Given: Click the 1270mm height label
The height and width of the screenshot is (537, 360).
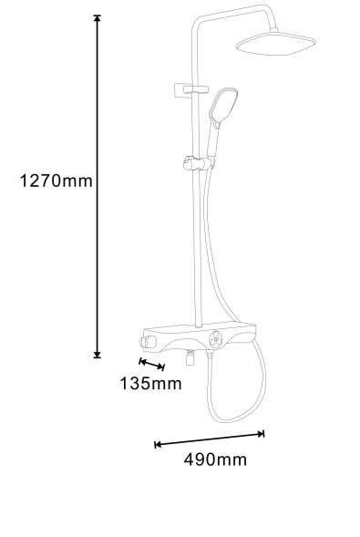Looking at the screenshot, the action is (57, 181).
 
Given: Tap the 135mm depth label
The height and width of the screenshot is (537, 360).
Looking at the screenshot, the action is (150, 383).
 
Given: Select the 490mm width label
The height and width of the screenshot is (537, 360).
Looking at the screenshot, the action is (215, 460).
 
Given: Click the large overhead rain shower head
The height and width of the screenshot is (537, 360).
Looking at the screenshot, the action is (276, 43).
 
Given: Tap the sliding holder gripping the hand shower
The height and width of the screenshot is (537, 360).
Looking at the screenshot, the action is (198, 163).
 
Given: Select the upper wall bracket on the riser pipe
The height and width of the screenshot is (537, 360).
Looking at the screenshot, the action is (190, 90).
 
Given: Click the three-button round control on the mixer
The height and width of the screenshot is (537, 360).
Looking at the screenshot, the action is (216, 339).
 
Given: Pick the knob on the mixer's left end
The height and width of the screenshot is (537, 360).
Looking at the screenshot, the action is (148, 342).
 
